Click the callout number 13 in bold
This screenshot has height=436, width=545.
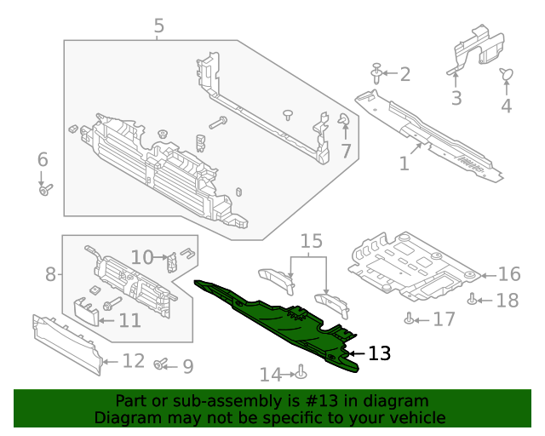coord(379,353)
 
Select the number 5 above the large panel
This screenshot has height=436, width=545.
coord(159,27)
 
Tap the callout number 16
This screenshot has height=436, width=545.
coord(508,274)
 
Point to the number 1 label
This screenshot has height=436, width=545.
coord(404,162)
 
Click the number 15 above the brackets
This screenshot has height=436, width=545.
coord(312,241)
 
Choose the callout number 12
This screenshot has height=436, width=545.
coord(133,361)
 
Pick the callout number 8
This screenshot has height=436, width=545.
coord(50,274)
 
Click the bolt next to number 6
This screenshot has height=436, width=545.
coord(45,189)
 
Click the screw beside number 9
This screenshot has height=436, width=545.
coord(160,364)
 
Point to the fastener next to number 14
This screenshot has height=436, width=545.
coord(301,372)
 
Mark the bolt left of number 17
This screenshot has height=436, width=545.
coord(411,319)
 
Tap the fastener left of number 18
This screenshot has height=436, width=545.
coord(473,299)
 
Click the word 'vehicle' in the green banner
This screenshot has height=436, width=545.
coord(416,417)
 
